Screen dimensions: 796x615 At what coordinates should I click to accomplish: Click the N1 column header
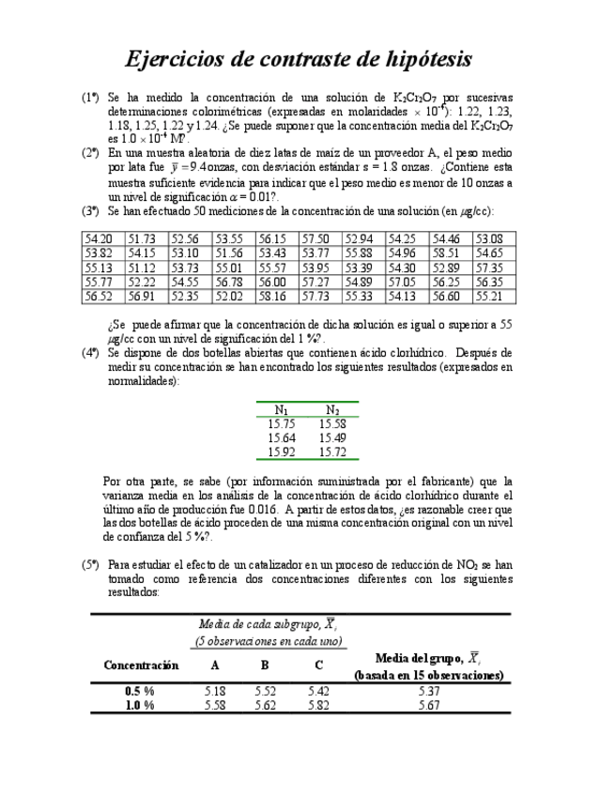click(x=282, y=409)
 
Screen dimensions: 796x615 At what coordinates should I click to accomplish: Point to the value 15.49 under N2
click(x=331, y=437)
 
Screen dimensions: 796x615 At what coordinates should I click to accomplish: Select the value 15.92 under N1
click(x=282, y=452)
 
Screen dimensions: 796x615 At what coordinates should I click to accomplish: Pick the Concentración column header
click(x=141, y=665)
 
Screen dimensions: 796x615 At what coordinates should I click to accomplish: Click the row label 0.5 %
click(x=140, y=692)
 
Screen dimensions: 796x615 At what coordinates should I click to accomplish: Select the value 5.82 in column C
click(x=318, y=706)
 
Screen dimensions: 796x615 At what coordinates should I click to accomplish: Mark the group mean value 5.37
click(x=428, y=692)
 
